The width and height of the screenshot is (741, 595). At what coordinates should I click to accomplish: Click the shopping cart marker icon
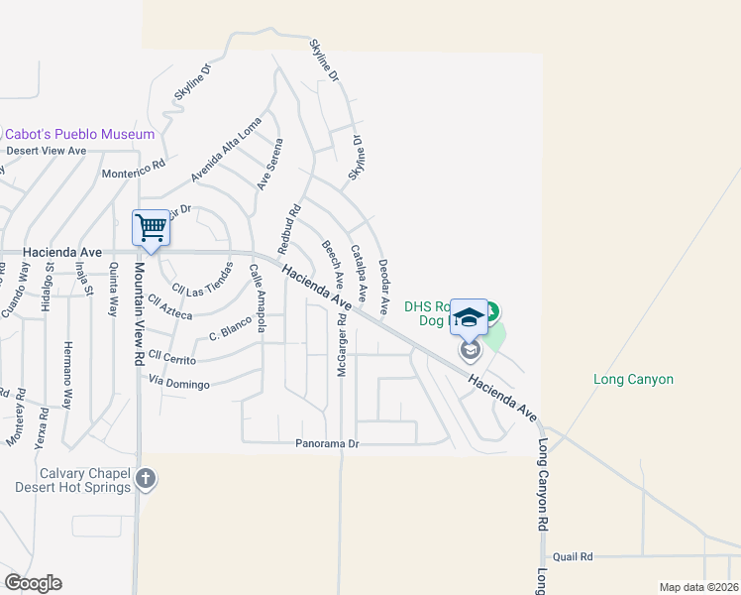pos(151,228)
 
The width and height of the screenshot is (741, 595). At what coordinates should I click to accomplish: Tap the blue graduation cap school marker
pos(469,317)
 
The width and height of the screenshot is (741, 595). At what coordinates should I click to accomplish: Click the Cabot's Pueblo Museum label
pos(79,134)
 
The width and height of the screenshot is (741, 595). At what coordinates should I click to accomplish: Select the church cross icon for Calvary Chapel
pos(146,479)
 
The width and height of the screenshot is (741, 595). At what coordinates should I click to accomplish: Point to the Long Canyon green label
pos(633,379)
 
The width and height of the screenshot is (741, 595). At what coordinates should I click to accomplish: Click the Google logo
pos(33,582)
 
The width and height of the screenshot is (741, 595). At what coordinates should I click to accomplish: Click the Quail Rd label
pos(573,557)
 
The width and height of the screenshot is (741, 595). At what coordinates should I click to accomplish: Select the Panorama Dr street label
pos(325,444)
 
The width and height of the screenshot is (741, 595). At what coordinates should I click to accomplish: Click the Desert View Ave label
pos(47,151)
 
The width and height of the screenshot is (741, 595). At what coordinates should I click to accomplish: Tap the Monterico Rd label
pos(133,173)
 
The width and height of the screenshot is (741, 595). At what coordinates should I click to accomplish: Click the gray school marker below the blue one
pos(470,351)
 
